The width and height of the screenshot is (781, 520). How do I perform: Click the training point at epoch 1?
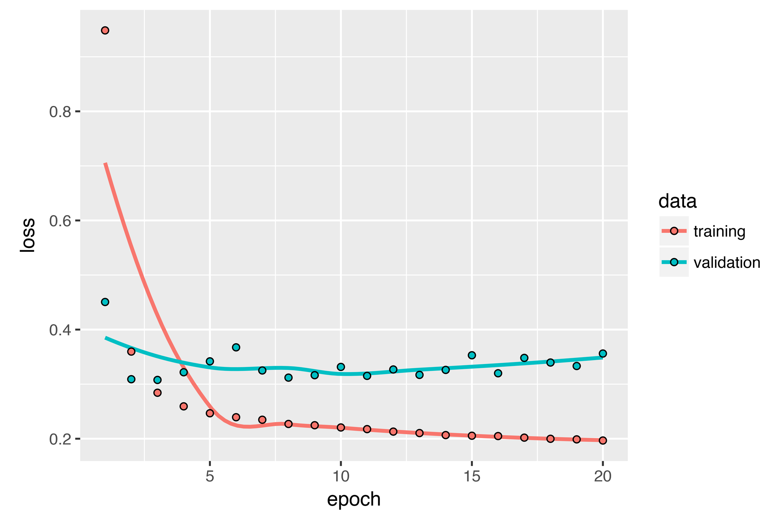(x=105, y=31)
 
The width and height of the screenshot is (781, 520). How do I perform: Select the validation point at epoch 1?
(x=105, y=302)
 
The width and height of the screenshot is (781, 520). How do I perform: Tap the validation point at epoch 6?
(x=236, y=347)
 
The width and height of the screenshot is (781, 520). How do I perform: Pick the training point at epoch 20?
(x=603, y=440)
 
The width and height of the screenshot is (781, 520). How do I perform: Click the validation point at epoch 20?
(x=603, y=354)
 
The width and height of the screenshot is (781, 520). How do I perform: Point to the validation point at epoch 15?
(x=472, y=355)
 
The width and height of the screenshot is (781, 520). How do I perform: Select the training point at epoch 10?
(x=341, y=427)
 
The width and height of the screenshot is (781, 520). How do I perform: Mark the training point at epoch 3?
(x=158, y=393)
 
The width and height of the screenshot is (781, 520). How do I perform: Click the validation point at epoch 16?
(x=498, y=373)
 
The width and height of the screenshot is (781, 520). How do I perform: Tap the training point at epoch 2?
(x=131, y=352)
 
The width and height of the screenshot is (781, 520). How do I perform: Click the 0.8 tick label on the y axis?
(x=60, y=112)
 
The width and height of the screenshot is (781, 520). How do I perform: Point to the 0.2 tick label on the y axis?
(x=60, y=439)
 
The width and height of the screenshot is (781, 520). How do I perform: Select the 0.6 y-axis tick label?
(x=60, y=221)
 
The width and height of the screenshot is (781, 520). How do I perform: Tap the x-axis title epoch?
(x=354, y=500)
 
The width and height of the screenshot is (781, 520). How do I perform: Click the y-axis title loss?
(x=27, y=235)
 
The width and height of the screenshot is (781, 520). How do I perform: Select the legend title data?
(x=678, y=201)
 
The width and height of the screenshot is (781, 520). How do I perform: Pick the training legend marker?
(x=674, y=231)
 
